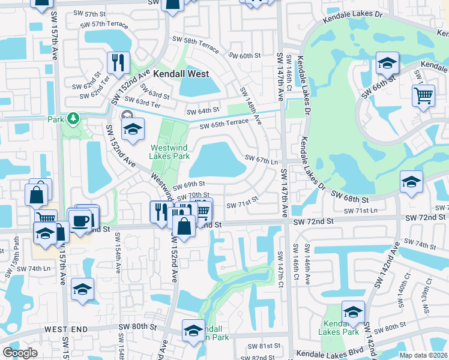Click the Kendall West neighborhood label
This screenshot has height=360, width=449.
[x=181, y=74]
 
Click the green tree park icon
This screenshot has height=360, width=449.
[x=73, y=118]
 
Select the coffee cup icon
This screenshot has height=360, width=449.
[x=80, y=220]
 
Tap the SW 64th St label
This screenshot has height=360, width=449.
[x=203, y=112]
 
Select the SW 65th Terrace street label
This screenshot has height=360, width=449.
[x=224, y=124]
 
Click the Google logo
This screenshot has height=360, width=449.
[x=20, y=353]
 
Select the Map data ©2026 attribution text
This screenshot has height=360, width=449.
[x=423, y=355]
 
